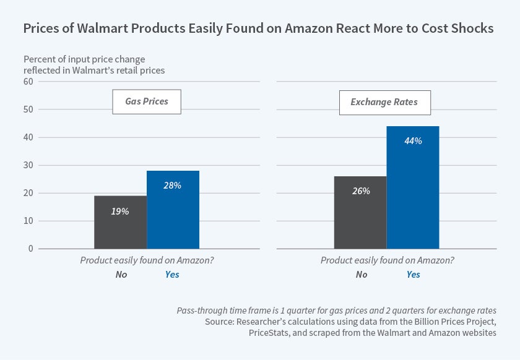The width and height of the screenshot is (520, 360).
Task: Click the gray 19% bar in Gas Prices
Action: point(120,222)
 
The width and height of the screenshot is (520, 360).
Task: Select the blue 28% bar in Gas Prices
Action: point(173,210)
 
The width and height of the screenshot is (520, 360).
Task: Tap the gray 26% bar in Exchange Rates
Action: point(360,212)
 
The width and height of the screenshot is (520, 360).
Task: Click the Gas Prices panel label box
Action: point(147,101)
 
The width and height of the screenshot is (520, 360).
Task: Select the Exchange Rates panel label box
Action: point(384,102)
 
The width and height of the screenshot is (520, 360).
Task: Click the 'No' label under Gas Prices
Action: point(121,274)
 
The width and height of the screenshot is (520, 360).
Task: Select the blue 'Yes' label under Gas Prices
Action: point(172,274)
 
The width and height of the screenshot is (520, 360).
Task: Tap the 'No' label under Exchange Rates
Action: point(362,274)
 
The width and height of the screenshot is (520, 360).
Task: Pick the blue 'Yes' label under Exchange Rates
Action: point(413,274)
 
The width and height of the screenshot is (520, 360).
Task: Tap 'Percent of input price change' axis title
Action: point(84,59)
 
